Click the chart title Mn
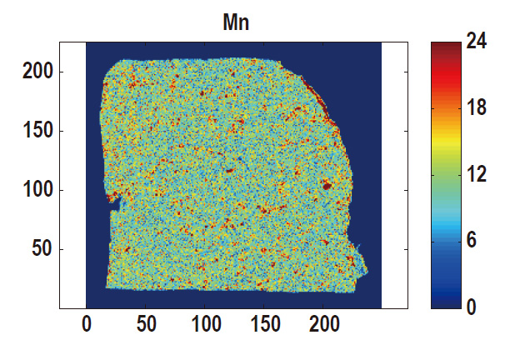(236, 22)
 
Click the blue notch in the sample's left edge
(117, 202)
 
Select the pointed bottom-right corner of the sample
(366, 271)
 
